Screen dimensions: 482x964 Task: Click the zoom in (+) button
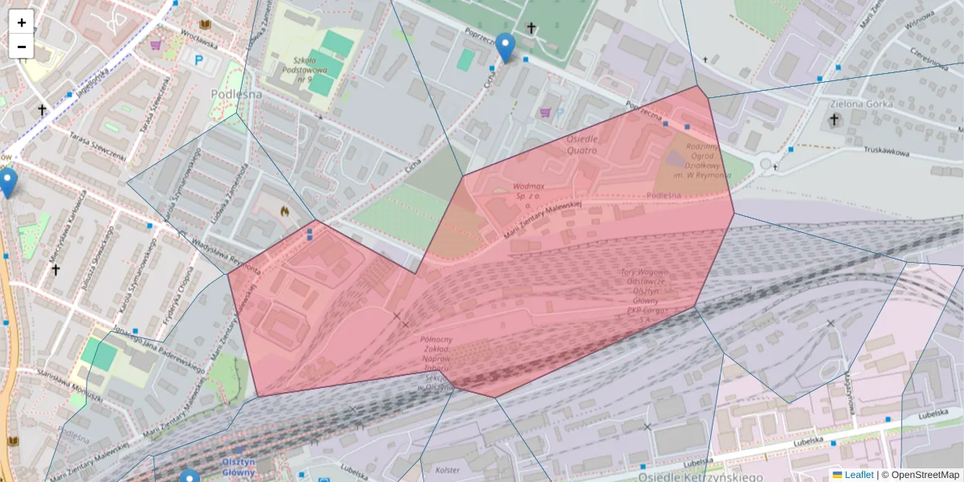pos(22,22)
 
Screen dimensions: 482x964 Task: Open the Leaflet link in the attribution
pos(859,475)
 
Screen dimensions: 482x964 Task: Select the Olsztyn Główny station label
pos(238,468)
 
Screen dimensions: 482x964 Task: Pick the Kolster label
pos(447,469)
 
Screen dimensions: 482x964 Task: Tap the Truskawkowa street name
pos(890,150)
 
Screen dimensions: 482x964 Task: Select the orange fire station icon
pos(284,210)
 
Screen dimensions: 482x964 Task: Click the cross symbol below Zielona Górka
pos(834,120)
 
